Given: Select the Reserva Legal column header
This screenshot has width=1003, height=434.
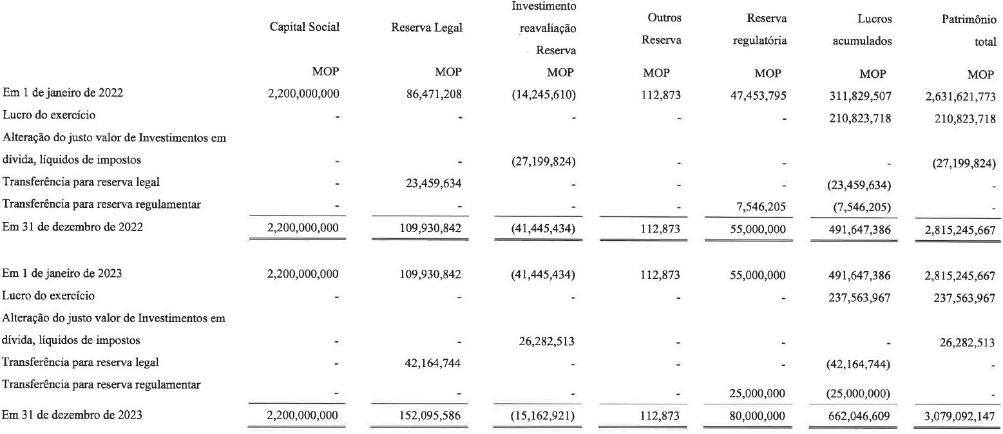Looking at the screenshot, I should tap(426, 27).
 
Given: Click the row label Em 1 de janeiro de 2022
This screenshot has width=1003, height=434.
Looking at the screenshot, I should tap(62, 92).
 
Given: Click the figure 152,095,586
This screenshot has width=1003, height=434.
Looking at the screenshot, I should tap(430, 415).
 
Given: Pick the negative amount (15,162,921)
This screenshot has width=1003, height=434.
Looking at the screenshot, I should tap(546, 415).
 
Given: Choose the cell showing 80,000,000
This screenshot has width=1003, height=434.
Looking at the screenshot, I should tap(755, 415).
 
